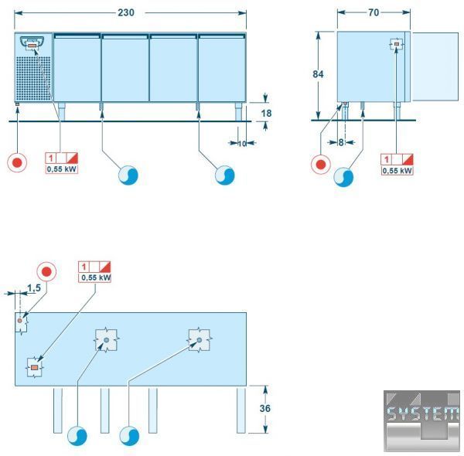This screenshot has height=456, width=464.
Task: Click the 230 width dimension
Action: (x=131, y=13)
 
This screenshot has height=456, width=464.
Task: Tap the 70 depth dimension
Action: (x=374, y=13)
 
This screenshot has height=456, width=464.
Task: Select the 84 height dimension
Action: (x=318, y=74)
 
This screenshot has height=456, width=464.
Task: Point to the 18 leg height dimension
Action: (x=266, y=113)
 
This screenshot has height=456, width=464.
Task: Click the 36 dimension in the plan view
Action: (x=266, y=409)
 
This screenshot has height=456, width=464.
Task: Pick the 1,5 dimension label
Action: (x=33, y=288)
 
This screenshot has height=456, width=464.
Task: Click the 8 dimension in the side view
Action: (x=340, y=142)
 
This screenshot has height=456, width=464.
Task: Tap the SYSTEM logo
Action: (x=421, y=420)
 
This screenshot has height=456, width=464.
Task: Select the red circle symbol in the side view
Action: (x=319, y=164)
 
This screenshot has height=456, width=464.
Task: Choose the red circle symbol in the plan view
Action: (x=47, y=272)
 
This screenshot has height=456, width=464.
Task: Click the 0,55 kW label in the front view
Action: (x=62, y=168)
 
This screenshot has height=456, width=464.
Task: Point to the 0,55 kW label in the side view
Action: (x=397, y=169)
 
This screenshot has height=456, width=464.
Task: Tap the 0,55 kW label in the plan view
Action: (x=95, y=277)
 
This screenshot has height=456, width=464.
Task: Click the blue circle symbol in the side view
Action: (x=343, y=177)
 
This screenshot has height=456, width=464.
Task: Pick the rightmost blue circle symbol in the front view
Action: (x=224, y=175)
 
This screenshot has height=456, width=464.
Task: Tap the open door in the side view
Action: (x=434, y=66)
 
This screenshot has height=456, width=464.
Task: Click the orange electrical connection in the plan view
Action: (x=34, y=368)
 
